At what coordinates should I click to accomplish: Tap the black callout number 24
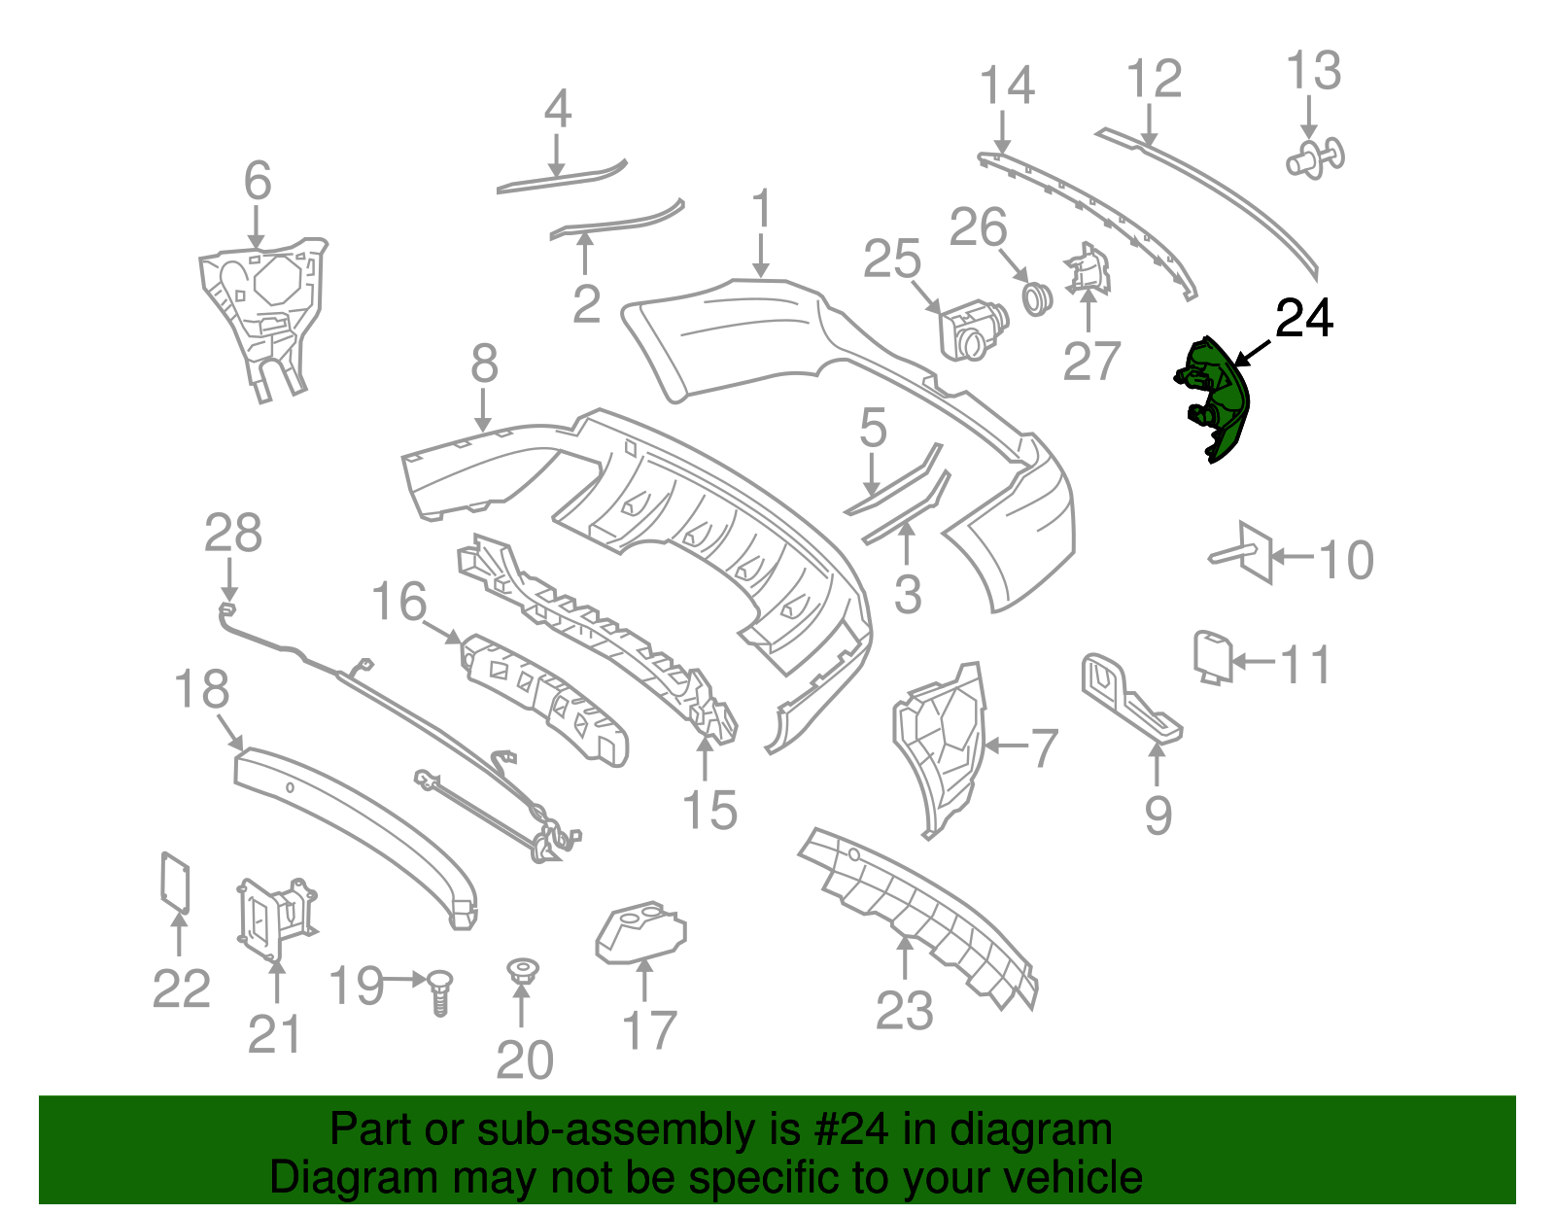[x=1303, y=318]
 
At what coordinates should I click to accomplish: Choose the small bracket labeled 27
[x=1088, y=267]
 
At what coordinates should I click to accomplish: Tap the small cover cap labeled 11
[x=1212, y=655]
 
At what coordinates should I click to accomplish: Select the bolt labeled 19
[x=440, y=991]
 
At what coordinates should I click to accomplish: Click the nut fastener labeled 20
[x=523, y=970]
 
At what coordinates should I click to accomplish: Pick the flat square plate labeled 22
[x=175, y=882]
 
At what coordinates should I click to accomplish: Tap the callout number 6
[x=257, y=182]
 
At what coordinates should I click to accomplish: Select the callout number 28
[x=233, y=534]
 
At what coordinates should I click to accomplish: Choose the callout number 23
[x=904, y=1011]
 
